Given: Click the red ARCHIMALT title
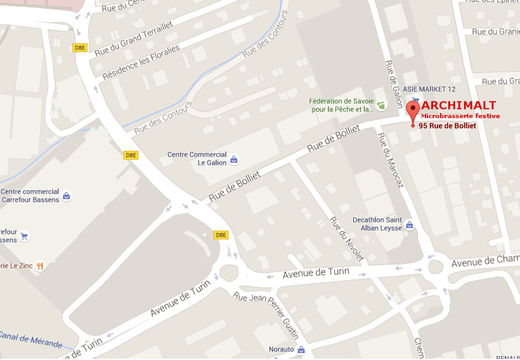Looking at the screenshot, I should pyautogui.click(x=458, y=105).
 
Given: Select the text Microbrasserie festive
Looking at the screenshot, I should pyautogui.click(x=460, y=116).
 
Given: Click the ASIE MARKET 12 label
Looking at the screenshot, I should pyautogui.click(x=429, y=89).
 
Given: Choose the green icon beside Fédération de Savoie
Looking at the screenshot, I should pyautogui.click(x=381, y=105).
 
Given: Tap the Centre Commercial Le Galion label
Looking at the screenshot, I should pyautogui.click(x=197, y=158).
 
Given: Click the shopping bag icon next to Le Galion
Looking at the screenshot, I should pyautogui.click(x=234, y=160).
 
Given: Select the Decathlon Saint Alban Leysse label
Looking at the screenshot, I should pyautogui.click(x=377, y=224).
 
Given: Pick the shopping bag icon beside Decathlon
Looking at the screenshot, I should pyautogui.click(x=410, y=224).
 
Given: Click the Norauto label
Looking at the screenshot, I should pyautogui.click(x=281, y=349).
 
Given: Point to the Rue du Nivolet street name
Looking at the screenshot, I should pyautogui.click(x=346, y=238).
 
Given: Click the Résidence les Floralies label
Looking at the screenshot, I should pyautogui.click(x=140, y=61).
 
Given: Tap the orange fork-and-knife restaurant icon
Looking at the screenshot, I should pyautogui.click(x=40, y=266).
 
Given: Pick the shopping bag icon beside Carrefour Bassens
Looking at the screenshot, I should pyautogui.click(x=67, y=196).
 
